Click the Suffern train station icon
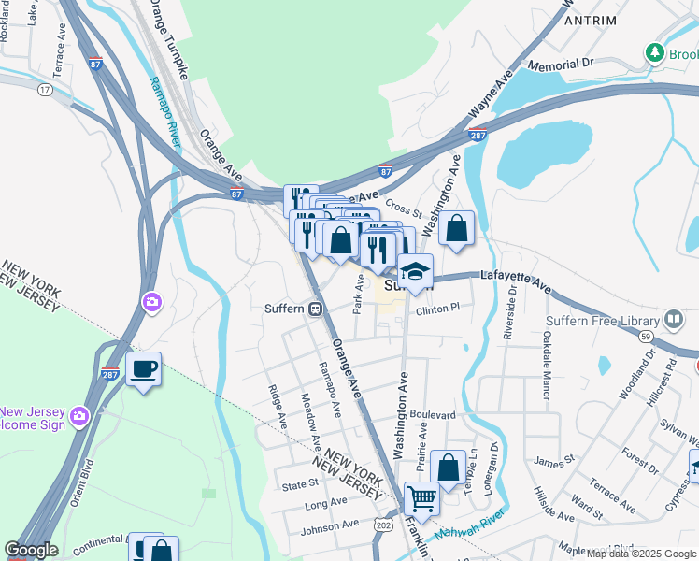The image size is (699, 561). click(x=317, y=309)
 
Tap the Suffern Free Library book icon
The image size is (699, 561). click(x=675, y=320)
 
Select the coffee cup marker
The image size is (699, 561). click(x=143, y=369)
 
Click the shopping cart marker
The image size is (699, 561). click(x=422, y=499)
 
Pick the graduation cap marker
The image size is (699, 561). click(x=415, y=272)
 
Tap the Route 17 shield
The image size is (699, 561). click(x=44, y=90)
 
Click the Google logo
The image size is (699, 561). click(x=31, y=550)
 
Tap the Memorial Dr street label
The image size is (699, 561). click(x=561, y=65)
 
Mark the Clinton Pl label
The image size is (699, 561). click(x=438, y=309)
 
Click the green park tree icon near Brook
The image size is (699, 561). click(x=656, y=53)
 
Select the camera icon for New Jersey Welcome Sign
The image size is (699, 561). click(x=79, y=414)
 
